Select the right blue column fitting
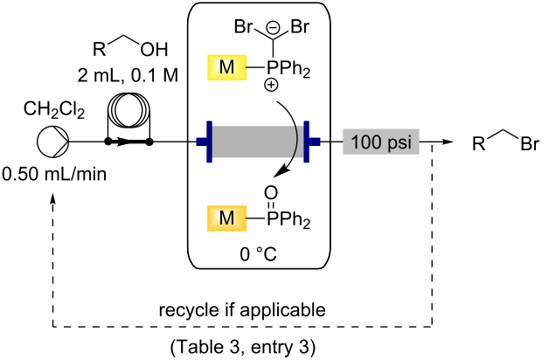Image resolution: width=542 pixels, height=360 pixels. pos(311,140)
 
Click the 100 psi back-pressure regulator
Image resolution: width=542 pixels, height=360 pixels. pos(384,140)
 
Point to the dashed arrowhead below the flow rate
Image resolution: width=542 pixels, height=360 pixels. pos(53,200)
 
